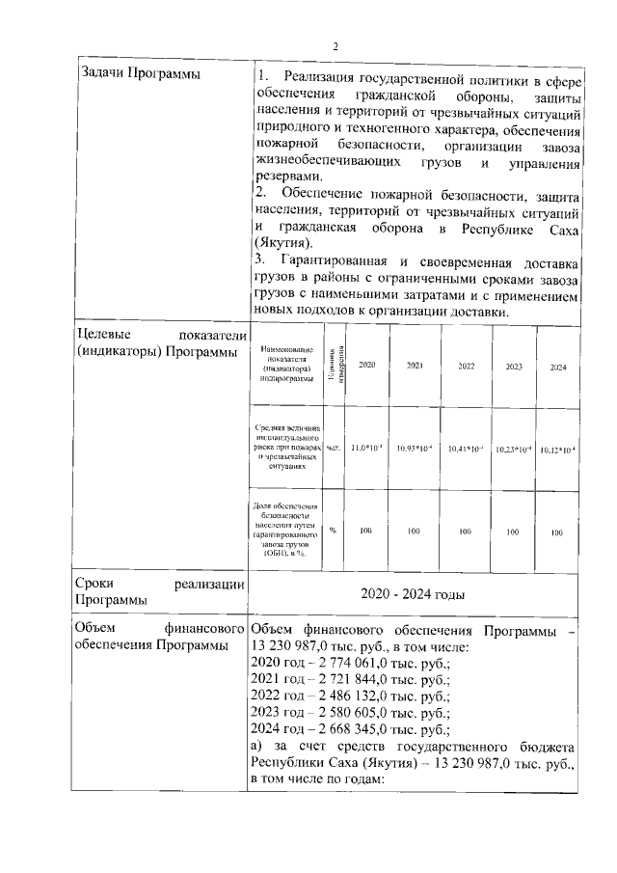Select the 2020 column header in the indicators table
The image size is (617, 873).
tap(366, 367)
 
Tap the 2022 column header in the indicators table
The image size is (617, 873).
tap(466, 367)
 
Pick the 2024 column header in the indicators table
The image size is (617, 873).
tap(557, 368)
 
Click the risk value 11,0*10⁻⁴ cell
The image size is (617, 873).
tap(366, 449)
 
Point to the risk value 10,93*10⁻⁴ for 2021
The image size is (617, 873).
tap(416, 449)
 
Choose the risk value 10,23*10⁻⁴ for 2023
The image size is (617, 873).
tap(513, 450)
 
